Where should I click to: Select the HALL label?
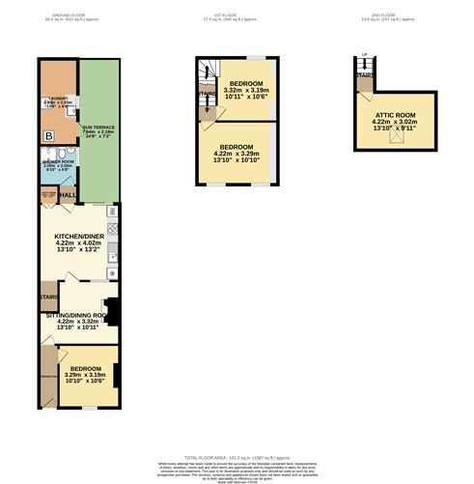[x=68, y=196]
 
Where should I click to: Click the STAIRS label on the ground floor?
[x=49, y=297]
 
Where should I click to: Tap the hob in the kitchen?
[x=112, y=229]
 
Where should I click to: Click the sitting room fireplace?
[x=113, y=312]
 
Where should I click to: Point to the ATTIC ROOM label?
[x=395, y=114]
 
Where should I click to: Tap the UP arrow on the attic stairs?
[x=364, y=55]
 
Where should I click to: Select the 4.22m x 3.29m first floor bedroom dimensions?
[x=237, y=154]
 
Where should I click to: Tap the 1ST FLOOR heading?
[x=237, y=15]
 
